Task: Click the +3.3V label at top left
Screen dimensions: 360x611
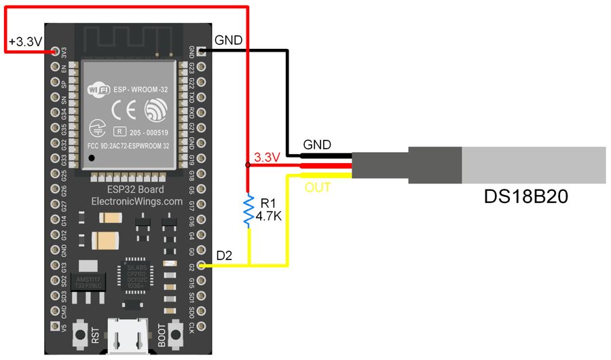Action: pos(25,42)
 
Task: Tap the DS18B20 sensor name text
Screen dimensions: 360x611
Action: pos(525,198)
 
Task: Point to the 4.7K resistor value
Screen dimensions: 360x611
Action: pos(270,218)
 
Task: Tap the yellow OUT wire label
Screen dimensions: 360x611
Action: pos(318,187)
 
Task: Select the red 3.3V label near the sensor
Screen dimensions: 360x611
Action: pos(267,158)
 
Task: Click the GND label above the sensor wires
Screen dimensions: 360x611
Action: pos(317,145)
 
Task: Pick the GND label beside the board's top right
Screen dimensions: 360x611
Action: pos(228,41)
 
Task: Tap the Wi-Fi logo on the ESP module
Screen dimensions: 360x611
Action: pos(98,89)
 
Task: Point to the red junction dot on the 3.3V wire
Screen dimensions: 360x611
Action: pos(247,164)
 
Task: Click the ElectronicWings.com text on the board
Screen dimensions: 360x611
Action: pos(136,201)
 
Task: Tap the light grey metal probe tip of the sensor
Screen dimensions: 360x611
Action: pos(534,164)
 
